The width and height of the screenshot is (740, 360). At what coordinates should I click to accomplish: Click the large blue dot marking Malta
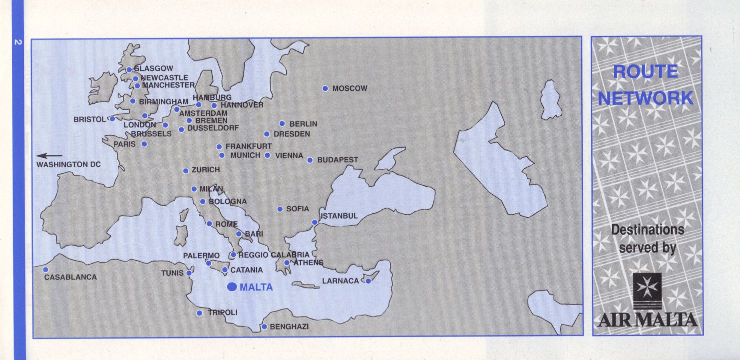click(x=232, y=287)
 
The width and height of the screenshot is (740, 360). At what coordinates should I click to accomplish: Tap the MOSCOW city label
click(x=350, y=88)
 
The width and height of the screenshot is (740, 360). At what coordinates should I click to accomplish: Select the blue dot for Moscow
click(x=325, y=88)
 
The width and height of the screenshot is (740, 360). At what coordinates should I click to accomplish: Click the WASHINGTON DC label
click(x=68, y=164)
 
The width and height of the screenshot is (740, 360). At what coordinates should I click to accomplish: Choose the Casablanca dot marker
click(x=45, y=270)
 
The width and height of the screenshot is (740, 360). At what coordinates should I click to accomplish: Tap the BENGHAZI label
click(x=289, y=327)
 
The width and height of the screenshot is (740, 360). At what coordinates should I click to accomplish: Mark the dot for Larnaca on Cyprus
click(x=368, y=281)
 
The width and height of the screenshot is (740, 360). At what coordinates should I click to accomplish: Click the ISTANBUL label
click(x=339, y=216)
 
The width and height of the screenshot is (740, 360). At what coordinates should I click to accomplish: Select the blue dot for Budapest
click(x=310, y=160)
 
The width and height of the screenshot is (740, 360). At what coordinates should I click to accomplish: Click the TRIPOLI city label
click(x=222, y=313)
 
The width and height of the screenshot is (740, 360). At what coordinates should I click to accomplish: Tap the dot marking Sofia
click(x=280, y=209)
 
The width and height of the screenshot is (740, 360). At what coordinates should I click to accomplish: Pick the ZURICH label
click(x=205, y=170)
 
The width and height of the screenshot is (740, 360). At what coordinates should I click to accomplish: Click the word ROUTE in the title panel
click(x=645, y=72)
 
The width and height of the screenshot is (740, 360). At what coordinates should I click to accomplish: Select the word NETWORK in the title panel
click(x=645, y=98)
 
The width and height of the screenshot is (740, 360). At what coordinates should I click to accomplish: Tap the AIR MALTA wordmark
click(x=647, y=320)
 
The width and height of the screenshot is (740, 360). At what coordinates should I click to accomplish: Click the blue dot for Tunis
click(x=189, y=273)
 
